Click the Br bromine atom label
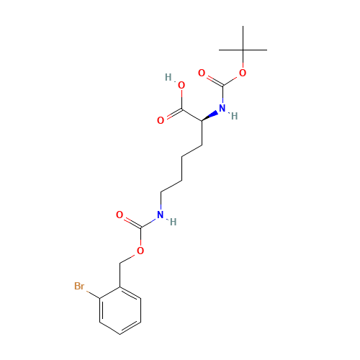(x=79, y=287)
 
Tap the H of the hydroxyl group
(x=168, y=77)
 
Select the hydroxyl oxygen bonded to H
(x=181, y=86)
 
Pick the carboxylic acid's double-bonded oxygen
(x=161, y=120)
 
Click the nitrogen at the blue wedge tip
(x=222, y=109)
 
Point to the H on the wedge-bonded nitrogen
(x=234, y=115)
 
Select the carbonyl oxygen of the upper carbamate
(x=202, y=73)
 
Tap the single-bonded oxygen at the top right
(x=243, y=73)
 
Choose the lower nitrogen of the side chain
(x=160, y=215)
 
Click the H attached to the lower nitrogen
(x=172, y=222)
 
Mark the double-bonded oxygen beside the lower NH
(x=120, y=215)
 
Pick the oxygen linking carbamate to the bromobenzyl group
(x=140, y=251)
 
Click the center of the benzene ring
(x=120, y=310)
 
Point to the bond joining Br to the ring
(x=91, y=292)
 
